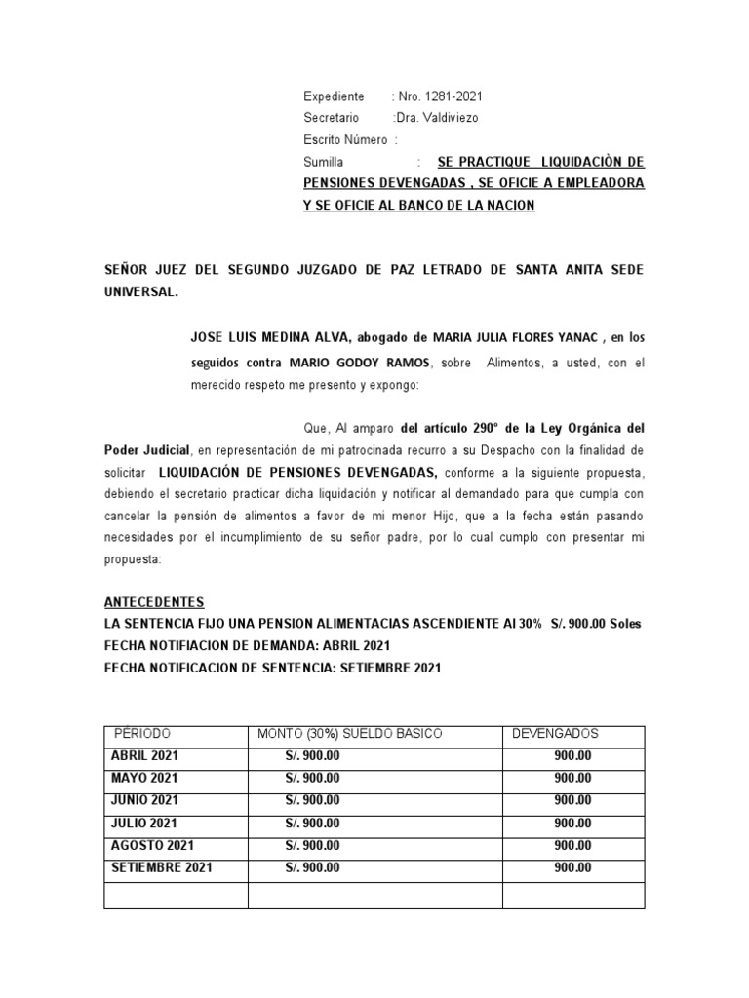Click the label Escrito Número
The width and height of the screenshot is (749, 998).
click(347, 139)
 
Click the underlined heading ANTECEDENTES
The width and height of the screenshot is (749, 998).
click(154, 603)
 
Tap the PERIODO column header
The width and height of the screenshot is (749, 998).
click(142, 733)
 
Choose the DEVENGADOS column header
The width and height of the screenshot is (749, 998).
click(556, 733)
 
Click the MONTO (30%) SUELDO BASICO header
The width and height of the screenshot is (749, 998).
click(350, 733)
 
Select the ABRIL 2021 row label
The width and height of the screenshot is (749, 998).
click(145, 755)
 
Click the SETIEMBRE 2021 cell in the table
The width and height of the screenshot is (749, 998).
click(162, 867)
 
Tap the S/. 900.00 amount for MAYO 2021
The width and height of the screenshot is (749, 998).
click(312, 778)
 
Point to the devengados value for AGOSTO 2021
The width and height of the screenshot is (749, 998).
click(572, 845)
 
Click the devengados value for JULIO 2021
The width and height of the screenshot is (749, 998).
click(572, 823)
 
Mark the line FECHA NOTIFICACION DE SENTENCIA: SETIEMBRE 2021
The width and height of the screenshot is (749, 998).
click(272, 668)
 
